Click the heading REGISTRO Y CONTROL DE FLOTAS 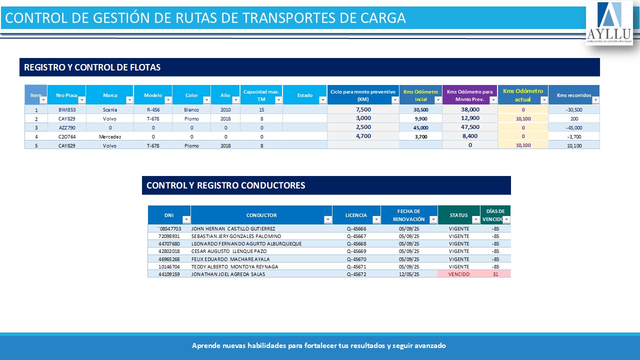[92, 67]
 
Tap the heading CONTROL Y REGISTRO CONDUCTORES [225, 185]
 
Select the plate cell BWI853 [66, 109]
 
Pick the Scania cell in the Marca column [109, 109]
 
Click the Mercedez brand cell [110, 136]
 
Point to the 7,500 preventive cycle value [363, 109]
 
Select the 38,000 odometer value [470, 109]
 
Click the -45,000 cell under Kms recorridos [574, 127]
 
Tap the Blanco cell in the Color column [191, 109]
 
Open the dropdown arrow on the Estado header [322, 100]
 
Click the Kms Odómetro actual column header [522, 95]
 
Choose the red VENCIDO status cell [459, 274]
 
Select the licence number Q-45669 [356, 251]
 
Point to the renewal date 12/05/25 [408, 274]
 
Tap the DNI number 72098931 [169, 236]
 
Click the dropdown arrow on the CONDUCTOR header [328, 219]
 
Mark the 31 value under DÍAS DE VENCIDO [495, 274]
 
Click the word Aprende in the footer [204, 346]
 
